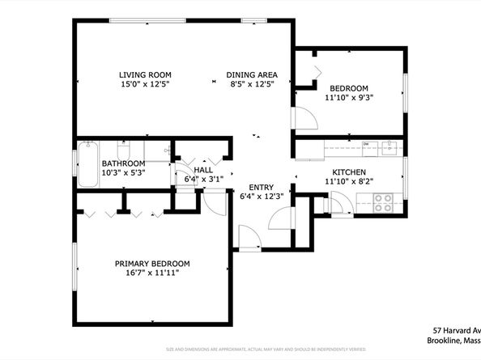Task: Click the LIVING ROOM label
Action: point(145,74)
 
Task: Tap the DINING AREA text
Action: point(252,74)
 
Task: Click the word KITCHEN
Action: point(349,172)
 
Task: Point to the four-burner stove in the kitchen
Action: point(383,202)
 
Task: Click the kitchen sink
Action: point(390,146)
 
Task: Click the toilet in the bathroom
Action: point(124,150)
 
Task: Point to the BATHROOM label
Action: point(123,163)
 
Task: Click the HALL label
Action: point(203,170)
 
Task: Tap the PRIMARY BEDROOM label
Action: point(151,264)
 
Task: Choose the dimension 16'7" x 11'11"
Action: point(151,273)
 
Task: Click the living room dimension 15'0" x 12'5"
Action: point(145,84)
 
